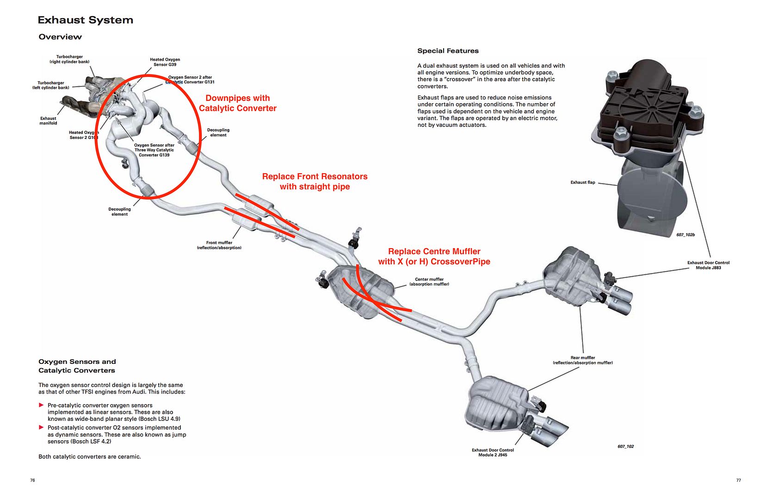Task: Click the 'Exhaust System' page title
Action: (x=85, y=20)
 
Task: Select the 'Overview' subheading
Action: (x=60, y=37)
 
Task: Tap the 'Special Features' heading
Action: (x=448, y=51)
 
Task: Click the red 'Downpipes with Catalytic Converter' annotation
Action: (x=238, y=103)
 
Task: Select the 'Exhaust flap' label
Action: (x=583, y=182)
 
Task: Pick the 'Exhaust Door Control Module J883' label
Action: (x=708, y=265)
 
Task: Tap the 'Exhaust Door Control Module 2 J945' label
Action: (x=493, y=452)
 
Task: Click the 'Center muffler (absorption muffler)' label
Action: (x=429, y=281)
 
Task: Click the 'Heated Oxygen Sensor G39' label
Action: (x=165, y=62)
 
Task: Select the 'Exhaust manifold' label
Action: (x=48, y=121)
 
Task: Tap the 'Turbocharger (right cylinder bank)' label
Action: (x=69, y=59)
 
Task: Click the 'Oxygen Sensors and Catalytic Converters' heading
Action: (x=77, y=366)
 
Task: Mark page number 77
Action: (x=738, y=480)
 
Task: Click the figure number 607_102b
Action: (x=686, y=235)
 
